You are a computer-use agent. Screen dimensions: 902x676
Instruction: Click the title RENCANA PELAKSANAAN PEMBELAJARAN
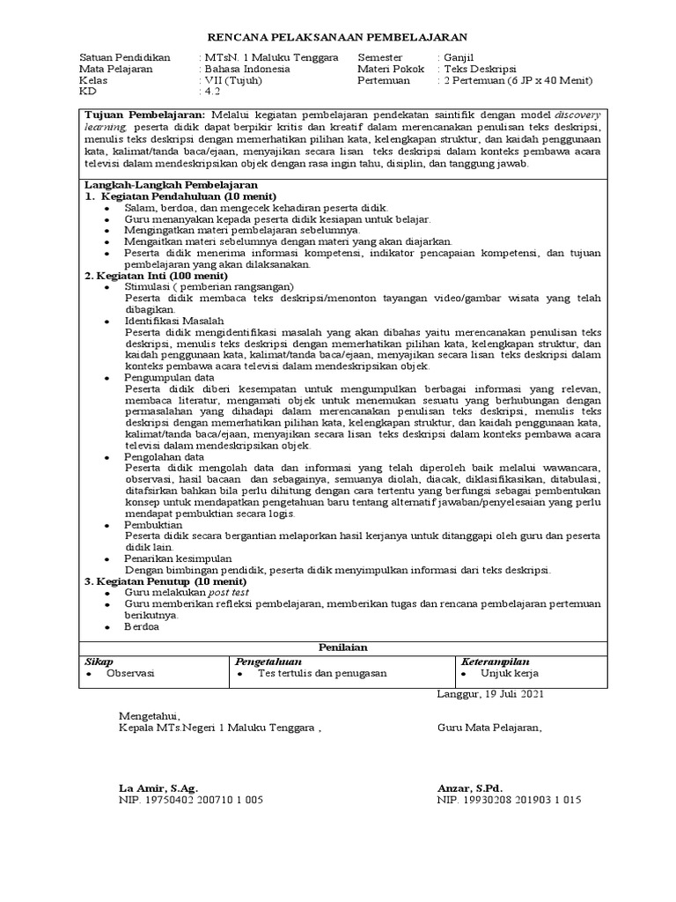pyautogui.click(x=337, y=37)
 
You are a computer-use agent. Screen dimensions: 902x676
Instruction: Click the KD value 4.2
pyautogui.click(x=212, y=91)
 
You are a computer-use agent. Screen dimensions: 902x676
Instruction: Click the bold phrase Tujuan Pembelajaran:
pyautogui.click(x=143, y=115)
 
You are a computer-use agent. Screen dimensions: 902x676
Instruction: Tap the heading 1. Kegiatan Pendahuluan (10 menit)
pyautogui.click(x=180, y=196)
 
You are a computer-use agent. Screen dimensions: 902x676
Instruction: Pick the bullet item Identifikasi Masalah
pyautogui.click(x=174, y=321)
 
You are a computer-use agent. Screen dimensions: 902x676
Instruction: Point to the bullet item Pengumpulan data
pyautogui.click(x=168, y=377)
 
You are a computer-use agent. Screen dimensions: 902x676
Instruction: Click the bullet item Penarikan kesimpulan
pyautogui.click(x=178, y=558)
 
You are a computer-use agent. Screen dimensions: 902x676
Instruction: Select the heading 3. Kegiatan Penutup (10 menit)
pyautogui.click(x=165, y=581)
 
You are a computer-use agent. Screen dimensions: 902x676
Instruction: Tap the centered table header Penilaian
pyautogui.click(x=338, y=647)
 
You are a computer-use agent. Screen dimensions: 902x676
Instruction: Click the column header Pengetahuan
pyautogui.click(x=269, y=661)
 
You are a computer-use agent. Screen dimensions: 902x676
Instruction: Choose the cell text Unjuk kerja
pyautogui.click(x=510, y=673)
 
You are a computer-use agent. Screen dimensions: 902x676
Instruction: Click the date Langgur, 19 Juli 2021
pyautogui.click(x=490, y=694)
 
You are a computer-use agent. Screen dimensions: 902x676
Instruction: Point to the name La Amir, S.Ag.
pyautogui.click(x=158, y=787)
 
